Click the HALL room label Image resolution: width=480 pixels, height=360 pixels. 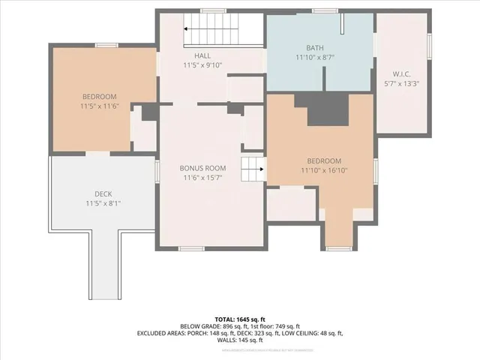pyautogui.click(x=202, y=55)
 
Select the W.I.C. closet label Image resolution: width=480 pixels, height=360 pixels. pyautogui.click(x=401, y=74)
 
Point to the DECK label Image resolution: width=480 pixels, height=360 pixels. pyautogui.click(x=103, y=193)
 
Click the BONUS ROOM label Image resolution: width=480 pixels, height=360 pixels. pyautogui.click(x=202, y=168)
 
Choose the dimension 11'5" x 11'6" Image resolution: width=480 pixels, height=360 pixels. pyautogui.click(x=99, y=106)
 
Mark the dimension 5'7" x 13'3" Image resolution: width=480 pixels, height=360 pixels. pyautogui.click(x=401, y=84)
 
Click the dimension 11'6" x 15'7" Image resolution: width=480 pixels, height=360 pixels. pyautogui.click(x=202, y=178)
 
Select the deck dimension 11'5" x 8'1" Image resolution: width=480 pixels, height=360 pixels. pyautogui.click(x=103, y=202)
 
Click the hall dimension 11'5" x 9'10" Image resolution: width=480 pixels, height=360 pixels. pyautogui.click(x=202, y=65)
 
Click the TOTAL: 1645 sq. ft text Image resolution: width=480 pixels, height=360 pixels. pyautogui.click(x=239, y=318)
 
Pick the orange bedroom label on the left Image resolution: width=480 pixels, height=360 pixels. pyautogui.click(x=99, y=97)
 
